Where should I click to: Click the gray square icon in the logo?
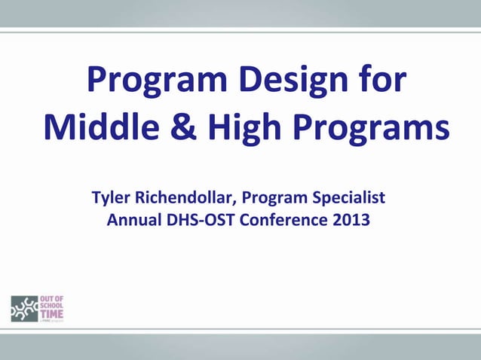click(x=24, y=309)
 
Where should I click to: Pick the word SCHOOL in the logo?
click(x=51, y=306)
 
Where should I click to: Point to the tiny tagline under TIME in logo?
click(x=50, y=320)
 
